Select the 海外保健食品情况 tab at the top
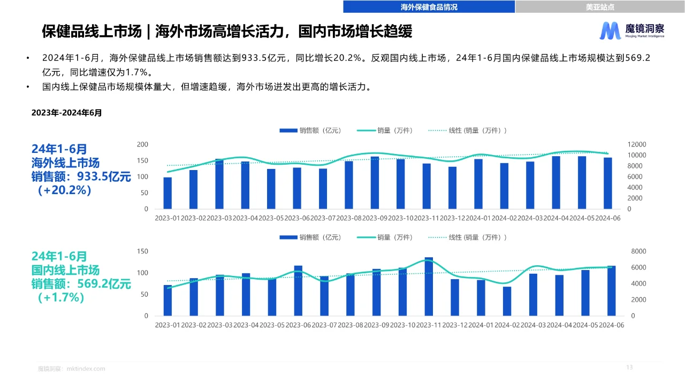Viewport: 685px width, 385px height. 429,7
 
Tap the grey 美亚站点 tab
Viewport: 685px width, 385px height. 599,7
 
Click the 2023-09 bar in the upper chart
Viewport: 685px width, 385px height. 375,183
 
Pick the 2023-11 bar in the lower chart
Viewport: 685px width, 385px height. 429,287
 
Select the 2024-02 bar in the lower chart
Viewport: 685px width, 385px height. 507,301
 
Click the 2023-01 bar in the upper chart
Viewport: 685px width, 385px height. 168,193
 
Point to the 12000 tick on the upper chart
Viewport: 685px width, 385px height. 637,144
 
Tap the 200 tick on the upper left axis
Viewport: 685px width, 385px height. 142,144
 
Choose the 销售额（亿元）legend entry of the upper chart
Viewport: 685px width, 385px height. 310,130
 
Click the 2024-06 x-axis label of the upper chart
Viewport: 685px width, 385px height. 607,218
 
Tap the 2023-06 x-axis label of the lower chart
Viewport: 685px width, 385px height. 298,325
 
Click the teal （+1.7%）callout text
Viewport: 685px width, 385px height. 62,298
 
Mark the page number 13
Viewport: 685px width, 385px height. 629,367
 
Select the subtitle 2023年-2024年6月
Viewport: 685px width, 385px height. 66,113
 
